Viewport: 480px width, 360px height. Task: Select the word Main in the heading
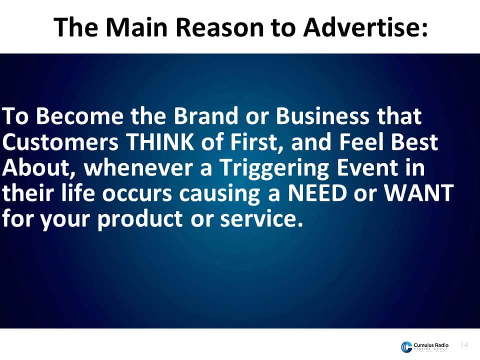click(x=136, y=27)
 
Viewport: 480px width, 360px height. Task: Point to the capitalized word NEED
click(x=317, y=193)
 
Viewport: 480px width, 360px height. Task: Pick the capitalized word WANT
click(x=419, y=193)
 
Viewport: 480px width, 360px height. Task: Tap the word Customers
click(x=60, y=142)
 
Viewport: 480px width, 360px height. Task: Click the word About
click(x=39, y=168)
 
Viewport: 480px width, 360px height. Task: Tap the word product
click(x=140, y=220)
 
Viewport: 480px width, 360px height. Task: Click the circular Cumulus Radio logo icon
click(x=406, y=347)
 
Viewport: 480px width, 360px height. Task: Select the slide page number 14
click(x=464, y=345)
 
